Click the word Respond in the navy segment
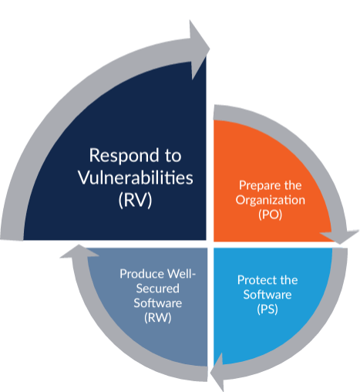[x=124, y=156]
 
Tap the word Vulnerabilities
[x=136, y=177]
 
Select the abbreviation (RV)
[x=135, y=200]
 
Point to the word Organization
[x=271, y=200]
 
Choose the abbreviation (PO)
[x=271, y=215]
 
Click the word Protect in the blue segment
[x=257, y=280]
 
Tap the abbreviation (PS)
[x=267, y=309]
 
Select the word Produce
[x=142, y=274]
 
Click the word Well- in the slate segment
[x=181, y=274]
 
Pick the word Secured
[x=157, y=289]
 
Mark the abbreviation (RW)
[x=157, y=318]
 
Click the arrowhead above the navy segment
[x=199, y=49]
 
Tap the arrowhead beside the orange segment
[x=340, y=236]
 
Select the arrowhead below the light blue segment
[x=217, y=372]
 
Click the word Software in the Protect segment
[x=267, y=295]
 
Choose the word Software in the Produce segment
[x=158, y=303]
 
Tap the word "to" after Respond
[x=173, y=157]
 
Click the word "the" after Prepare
[x=292, y=185]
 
